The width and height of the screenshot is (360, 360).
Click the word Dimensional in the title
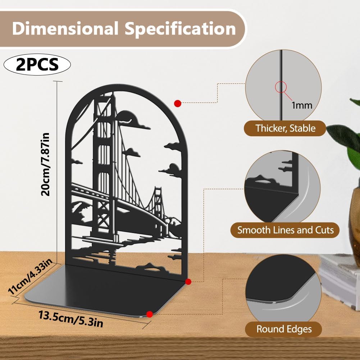click(65, 28)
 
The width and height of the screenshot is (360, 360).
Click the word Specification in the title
click(180, 29)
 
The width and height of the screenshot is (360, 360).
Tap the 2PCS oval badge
click(37, 64)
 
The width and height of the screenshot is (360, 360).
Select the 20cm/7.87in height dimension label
click(45, 164)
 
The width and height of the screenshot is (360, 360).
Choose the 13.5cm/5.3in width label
click(71, 318)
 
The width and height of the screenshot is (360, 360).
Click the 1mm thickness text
click(302, 105)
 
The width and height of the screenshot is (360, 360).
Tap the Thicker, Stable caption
click(286, 128)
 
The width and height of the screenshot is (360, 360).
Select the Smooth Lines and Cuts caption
click(285, 230)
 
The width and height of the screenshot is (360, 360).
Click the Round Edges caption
click(284, 329)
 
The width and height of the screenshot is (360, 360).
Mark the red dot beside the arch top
click(178, 103)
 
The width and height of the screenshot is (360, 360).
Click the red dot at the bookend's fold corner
click(188, 282)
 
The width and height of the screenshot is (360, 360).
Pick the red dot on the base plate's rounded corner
click(150, 314)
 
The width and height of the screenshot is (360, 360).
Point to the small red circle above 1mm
click(281, 87)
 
